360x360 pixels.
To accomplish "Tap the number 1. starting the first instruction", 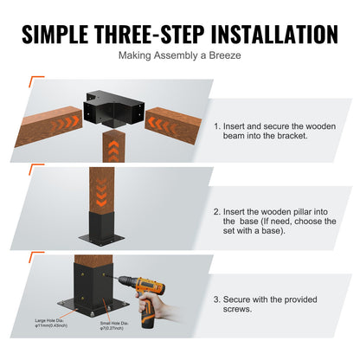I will (x=216, y=125).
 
